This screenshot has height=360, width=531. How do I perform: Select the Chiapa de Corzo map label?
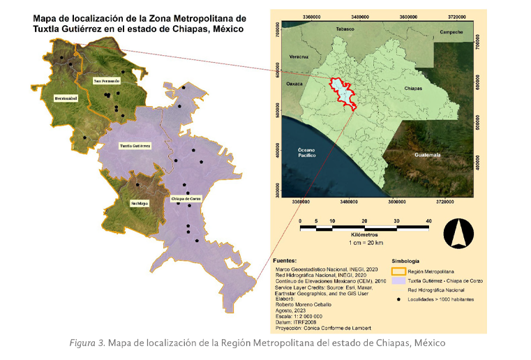click(186, 198)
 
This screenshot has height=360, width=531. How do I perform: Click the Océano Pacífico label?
click(307, 153)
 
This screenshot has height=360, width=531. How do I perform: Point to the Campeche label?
click(451, 32)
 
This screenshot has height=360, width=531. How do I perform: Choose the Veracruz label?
click(299, 55)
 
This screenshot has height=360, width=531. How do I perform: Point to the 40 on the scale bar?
click(428, 220)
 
